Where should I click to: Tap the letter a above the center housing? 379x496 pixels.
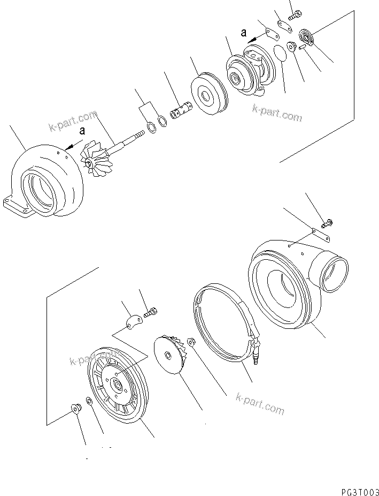pyautogui.click(x=244, y=33)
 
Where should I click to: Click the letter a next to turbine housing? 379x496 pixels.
pyautogui.click(x=81, y=130)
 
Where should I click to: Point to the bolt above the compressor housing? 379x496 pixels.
pyautogui.click(x=327, y=221)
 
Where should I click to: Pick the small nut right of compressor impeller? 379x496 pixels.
pyautogui.click(x=190, y=342)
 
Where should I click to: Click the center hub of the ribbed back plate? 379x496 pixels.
pyautogui.click(x=116, y=384)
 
